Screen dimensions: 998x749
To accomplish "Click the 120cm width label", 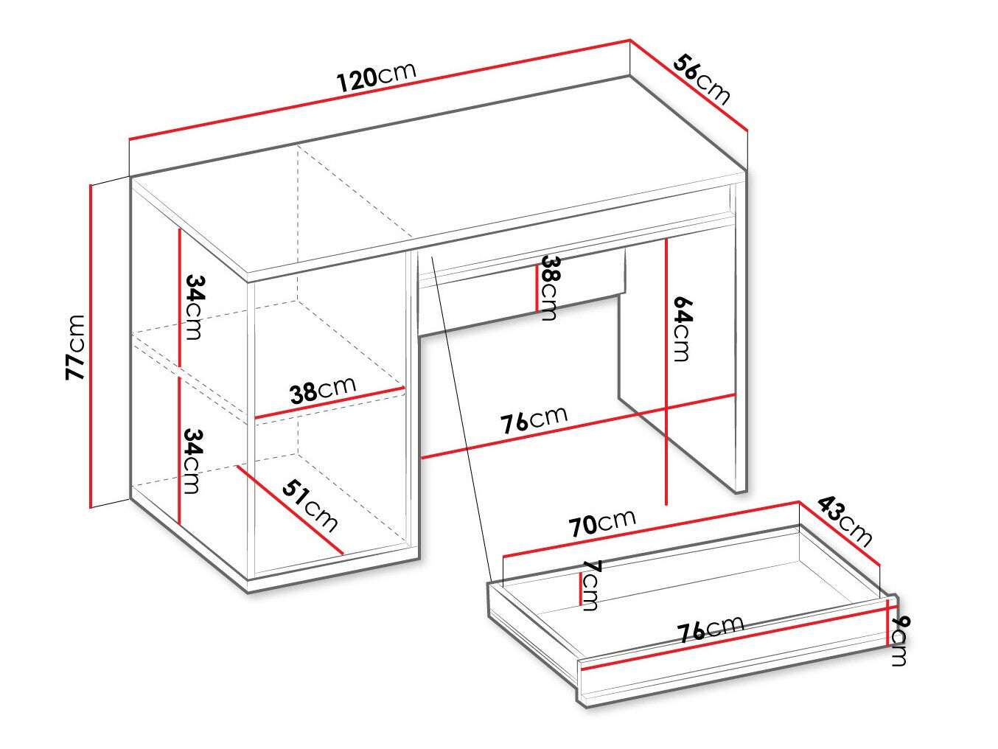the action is [x=376, y=77].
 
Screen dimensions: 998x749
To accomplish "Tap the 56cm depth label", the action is [x=701, y=80].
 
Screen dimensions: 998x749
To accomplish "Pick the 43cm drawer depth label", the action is [x=845, y=522].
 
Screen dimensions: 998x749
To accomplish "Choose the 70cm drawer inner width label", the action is [x=602, y=523].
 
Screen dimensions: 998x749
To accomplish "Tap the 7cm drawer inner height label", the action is [x=591, y=585].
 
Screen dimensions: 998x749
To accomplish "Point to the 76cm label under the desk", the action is [x=534, y=419].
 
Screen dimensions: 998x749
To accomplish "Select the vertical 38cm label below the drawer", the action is [x=550, y=289].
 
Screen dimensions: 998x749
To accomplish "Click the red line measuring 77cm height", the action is [x=91, y=346].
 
